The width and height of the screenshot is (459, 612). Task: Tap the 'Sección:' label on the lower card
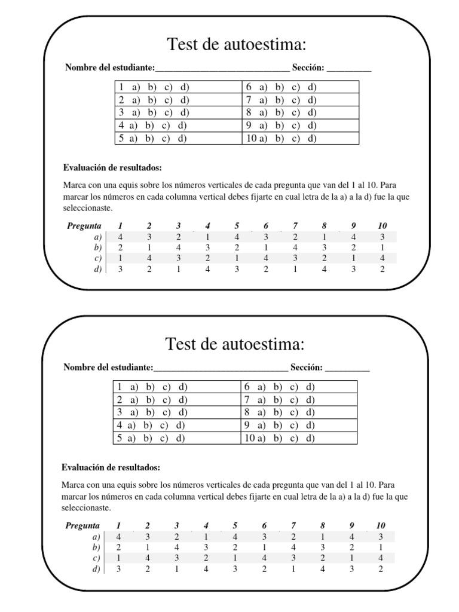coord(307,367)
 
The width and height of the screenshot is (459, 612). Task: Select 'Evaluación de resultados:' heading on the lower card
coord(111,467)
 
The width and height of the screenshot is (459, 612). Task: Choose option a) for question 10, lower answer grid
coord(263,439)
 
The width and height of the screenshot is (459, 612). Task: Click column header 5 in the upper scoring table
coord(237,225)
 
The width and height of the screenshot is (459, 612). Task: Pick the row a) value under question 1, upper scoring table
coord(120,236)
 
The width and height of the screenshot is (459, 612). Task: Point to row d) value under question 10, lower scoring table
coord(381,568)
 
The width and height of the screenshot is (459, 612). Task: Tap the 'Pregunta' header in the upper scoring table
coord(84,225)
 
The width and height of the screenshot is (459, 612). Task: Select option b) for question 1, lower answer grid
coord(150,387)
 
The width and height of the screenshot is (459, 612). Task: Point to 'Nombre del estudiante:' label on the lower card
coord(108,367)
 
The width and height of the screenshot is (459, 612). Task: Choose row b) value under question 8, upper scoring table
coord(324,247)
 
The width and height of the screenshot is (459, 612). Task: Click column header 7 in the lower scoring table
coord(293,525)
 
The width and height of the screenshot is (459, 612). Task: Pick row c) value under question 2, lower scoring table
coord(147,558)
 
